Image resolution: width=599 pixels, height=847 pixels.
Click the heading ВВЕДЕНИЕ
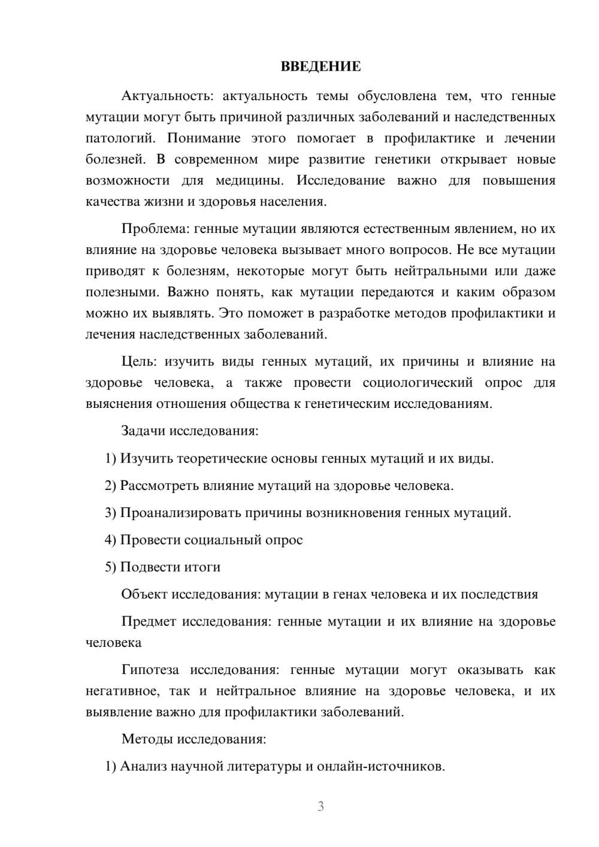[320, 66]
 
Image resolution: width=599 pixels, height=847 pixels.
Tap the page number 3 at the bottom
[320, 806]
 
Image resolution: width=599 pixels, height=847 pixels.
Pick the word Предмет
[149, 621]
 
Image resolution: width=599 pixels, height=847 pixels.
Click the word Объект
[144, 594]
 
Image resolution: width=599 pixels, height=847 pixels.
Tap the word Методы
[146, 739]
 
